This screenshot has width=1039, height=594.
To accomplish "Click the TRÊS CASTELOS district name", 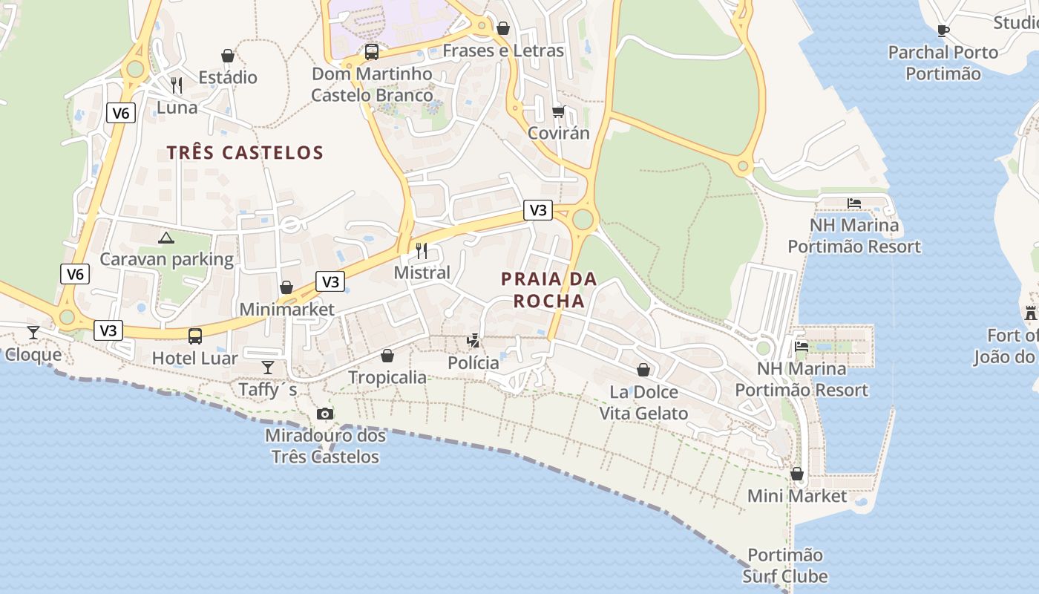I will [x=245, y=153].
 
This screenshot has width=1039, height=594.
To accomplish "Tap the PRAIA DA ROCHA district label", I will [x=548, y=290].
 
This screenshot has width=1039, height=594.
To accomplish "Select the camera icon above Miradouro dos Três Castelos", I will [x=325, y=414].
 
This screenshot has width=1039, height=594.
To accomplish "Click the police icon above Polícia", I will [x=473, y=341].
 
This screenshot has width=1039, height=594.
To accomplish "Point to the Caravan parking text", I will [x=166, y=259].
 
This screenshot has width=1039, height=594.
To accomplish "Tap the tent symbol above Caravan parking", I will [x=165, y=238].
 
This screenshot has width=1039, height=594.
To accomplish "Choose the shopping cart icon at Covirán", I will [x=558, y=112].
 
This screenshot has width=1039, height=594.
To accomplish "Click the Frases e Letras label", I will [x=503, y=50].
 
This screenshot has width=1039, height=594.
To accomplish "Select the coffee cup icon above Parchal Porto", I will [x=943, y=30].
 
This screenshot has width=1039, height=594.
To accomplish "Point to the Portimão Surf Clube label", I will [x=785, y=565].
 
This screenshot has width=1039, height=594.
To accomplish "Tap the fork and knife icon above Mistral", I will [x=422, y=250].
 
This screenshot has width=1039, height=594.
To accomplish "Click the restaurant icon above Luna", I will [x=177, y=85].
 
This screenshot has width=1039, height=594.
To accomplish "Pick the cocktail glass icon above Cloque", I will [x=33, y=332].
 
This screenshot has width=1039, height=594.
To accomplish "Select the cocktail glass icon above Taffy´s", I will [x=268, y=367].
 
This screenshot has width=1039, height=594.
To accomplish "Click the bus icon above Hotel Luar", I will [x=195, y=336].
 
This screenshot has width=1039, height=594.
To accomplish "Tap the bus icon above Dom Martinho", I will [x=372, y=52].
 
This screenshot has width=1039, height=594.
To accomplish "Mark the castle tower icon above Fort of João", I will [x=1030, y=313].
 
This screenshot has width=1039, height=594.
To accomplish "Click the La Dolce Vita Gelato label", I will [x=643, y=402].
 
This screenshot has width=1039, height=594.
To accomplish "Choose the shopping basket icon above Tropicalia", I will [x=387, y=356].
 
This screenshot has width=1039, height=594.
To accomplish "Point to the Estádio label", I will [x=228, y=77].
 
